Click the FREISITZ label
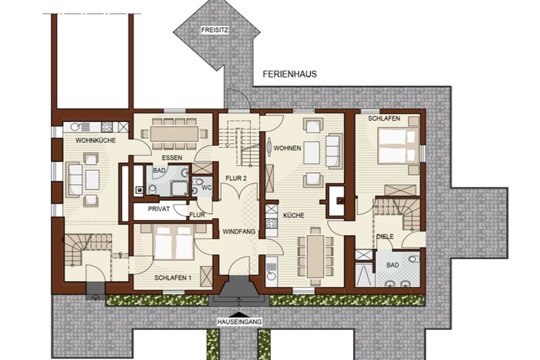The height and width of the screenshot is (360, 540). tap(215, 30)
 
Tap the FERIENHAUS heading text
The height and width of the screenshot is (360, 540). tap(290, 74)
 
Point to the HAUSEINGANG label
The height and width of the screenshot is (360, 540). tap(239, 322)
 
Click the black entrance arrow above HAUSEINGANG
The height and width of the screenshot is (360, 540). tap(239, 314)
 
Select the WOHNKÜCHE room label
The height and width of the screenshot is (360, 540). tap(96, 140)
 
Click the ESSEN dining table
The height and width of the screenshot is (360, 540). tap(174, 134)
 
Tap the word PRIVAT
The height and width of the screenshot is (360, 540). tap(159, 209)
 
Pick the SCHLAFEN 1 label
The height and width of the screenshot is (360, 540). tap(173, 278)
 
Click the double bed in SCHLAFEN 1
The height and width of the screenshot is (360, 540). tap(174, 242)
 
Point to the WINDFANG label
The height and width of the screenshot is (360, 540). tap(239, 231)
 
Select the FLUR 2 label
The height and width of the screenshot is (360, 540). tap(236, 178)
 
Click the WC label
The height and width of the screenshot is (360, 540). tap(206, 188)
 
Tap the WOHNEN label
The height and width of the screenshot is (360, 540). tap(287, 148)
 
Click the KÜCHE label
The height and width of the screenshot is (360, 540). tap(294, 216)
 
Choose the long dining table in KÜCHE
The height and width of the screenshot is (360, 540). tap(316, 256)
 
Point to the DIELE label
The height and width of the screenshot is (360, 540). tap(385, 237)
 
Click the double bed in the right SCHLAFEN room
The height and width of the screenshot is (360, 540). tap(399, 145)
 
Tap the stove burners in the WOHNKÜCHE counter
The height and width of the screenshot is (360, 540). tap(107, 127)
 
